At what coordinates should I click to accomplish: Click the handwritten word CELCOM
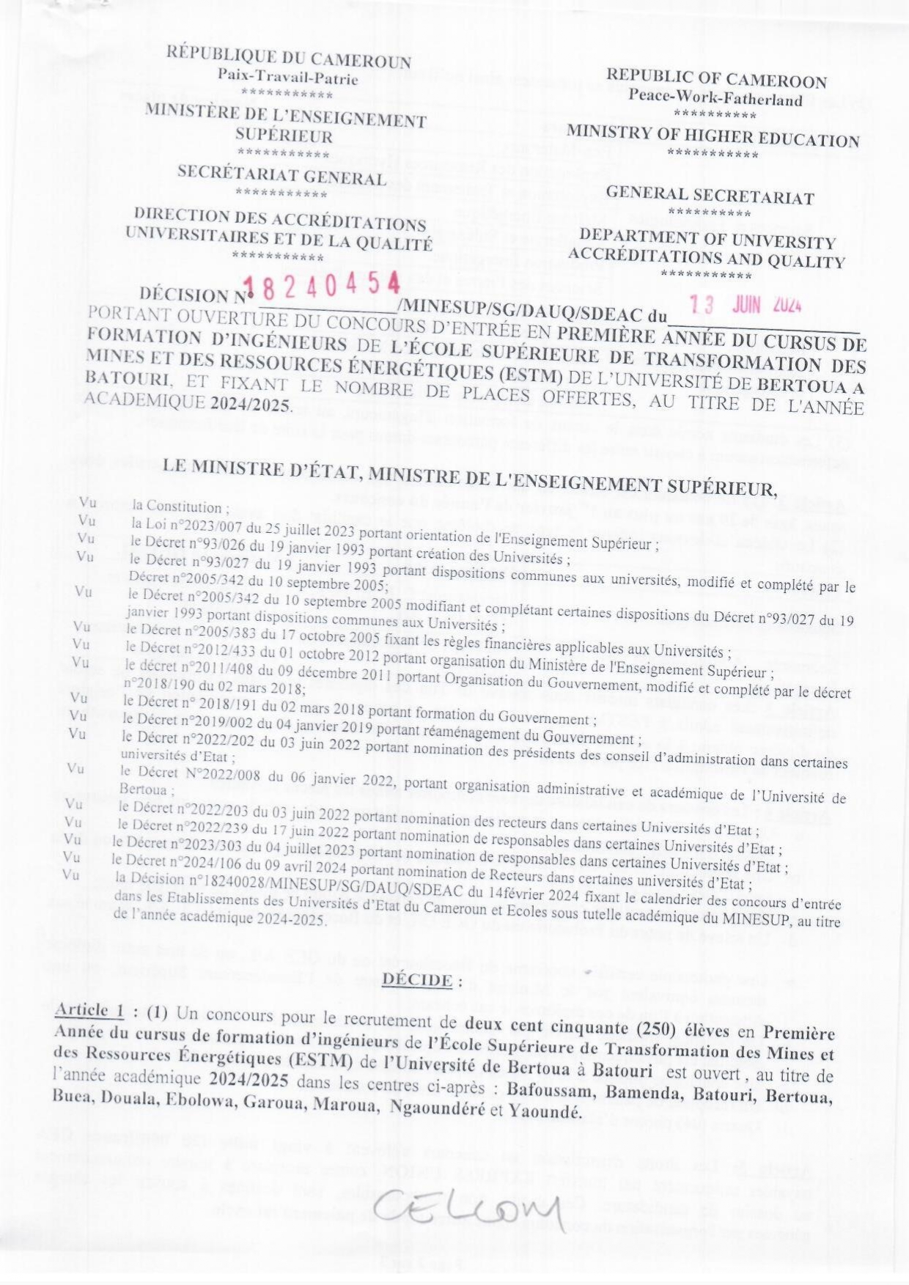469,1208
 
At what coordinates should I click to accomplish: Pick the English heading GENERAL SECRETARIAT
710,196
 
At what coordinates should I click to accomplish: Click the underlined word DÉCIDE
417,979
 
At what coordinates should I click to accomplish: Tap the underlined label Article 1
89,1009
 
